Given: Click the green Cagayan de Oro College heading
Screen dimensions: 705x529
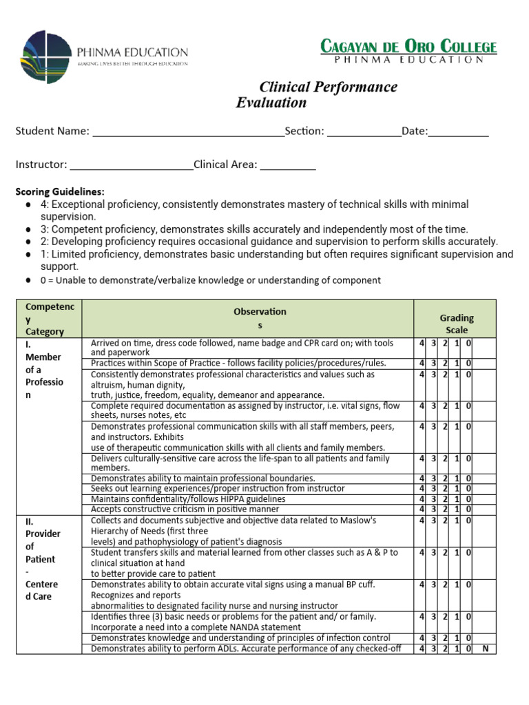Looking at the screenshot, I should [x=408, y=47].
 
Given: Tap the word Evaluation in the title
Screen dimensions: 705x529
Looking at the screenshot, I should [x=271, y=103].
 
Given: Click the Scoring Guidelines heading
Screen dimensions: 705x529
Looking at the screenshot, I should [x=60, y=191].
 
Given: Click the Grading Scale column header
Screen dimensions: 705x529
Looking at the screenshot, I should [x=457, y=324].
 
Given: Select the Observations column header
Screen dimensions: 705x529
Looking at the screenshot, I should [x=260, y=318].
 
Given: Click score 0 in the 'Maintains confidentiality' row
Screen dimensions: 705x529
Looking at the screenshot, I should [x=468, y=498].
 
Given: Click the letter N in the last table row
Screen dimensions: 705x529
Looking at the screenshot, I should [x=485, y=649].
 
